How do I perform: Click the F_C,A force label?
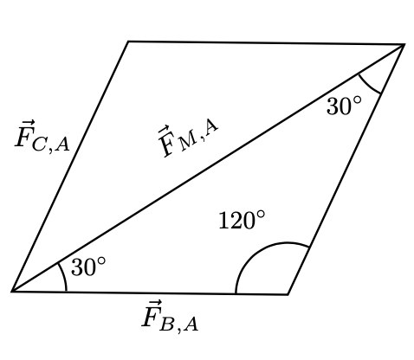pyautogui.click(x=42, y=136)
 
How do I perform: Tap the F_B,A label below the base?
pyautogui.click(x=170, y=317)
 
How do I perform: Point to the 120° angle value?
pyautogui.click(x=242, y=220)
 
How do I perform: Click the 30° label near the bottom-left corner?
pyautogui.click(x=88, y=267)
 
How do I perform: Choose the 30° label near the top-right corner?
pyautogui.click(x=344, y=106)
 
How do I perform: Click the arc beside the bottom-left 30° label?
pyautogui.click(x=63, y=276)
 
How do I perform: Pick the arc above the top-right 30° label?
pyautogui.click(x=368, y=86)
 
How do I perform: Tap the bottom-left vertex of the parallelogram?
pyautogui.click(x=11, y=292)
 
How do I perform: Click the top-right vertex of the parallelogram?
pyautogui.click(x=404, y=44)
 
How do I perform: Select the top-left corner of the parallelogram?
pyautogui.click(x=128, y=42)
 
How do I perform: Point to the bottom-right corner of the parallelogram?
pyautogui.click(x=288, y=294)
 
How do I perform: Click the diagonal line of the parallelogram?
pyautogui.click(x=208, y=168)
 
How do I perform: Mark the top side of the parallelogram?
pyautogui.click(x=266, y=43)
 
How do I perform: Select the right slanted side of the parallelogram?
pyautogui.click(x=346, y=170)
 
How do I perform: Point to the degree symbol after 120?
pyautogui.click(x=261, y=215)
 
